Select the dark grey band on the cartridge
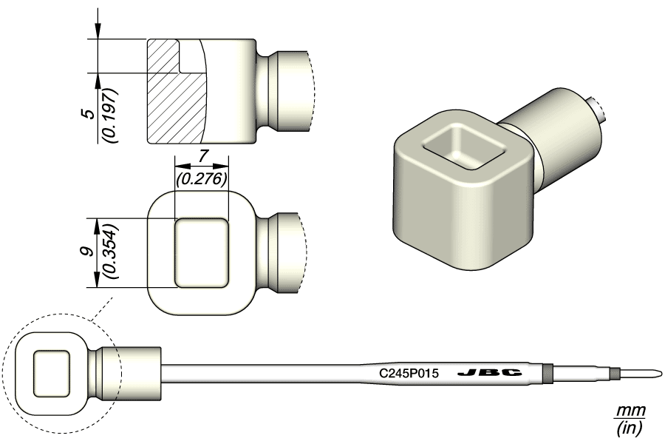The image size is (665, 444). click(548, 373)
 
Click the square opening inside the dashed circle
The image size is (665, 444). click(52, 370)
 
